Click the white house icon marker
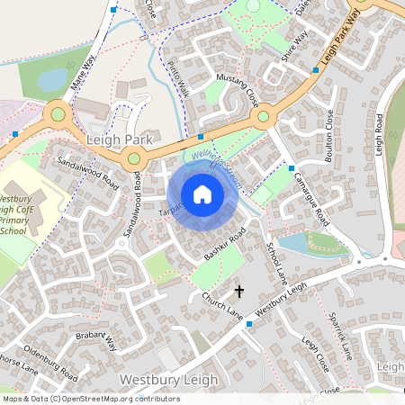tap(202, 194)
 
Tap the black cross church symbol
tap(239, 291)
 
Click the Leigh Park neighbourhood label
tap(121, 142)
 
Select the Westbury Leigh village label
tap(169, 381)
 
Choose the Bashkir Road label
tap(225, 245)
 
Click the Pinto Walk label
tap(179, 78)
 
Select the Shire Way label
tap(294, 49)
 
